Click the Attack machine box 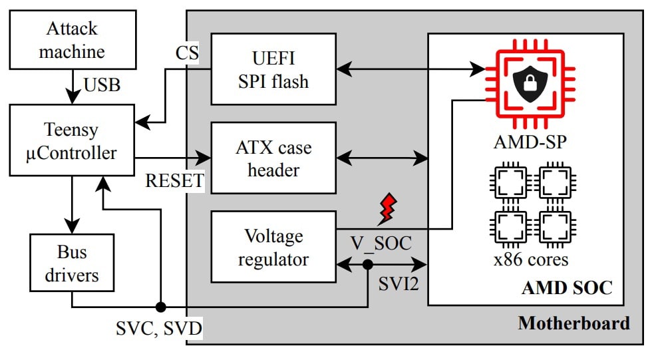[72, 40]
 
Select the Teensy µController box [72, 141]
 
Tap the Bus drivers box [72, 264]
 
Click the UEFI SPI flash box [273, 69]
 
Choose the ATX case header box [273, 158]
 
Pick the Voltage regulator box [273, 247]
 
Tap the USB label [102, 85]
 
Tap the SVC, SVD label [159, 328]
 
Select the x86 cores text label [530, 259]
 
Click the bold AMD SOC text [567, 288]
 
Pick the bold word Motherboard [574, 324]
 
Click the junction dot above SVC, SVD [160, 307]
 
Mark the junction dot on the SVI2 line [367, 264]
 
